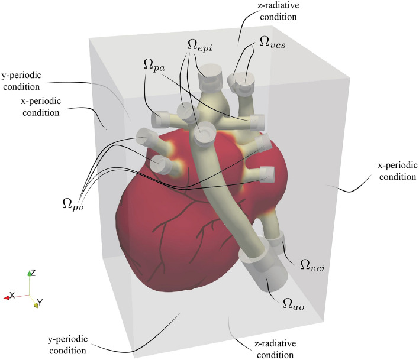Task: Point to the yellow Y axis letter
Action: tap(40, 303)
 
